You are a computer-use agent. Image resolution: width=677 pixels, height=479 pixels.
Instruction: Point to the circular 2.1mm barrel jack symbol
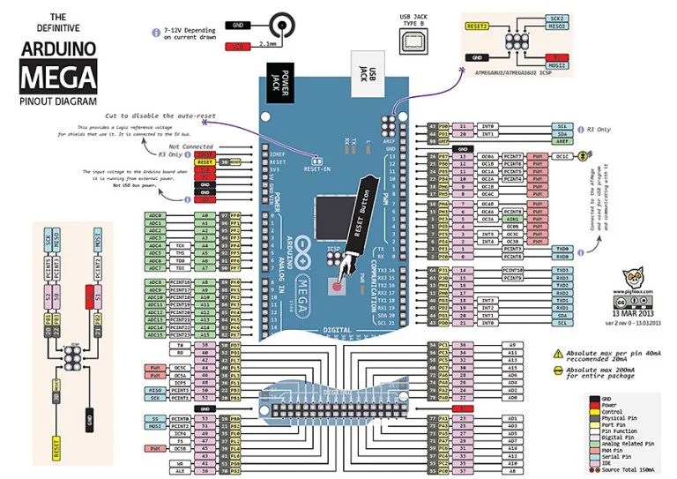(281, 26)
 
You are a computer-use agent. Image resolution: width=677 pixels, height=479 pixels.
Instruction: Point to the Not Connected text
(190, 146)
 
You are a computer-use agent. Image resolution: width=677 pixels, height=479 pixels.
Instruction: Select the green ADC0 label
(156, 215)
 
